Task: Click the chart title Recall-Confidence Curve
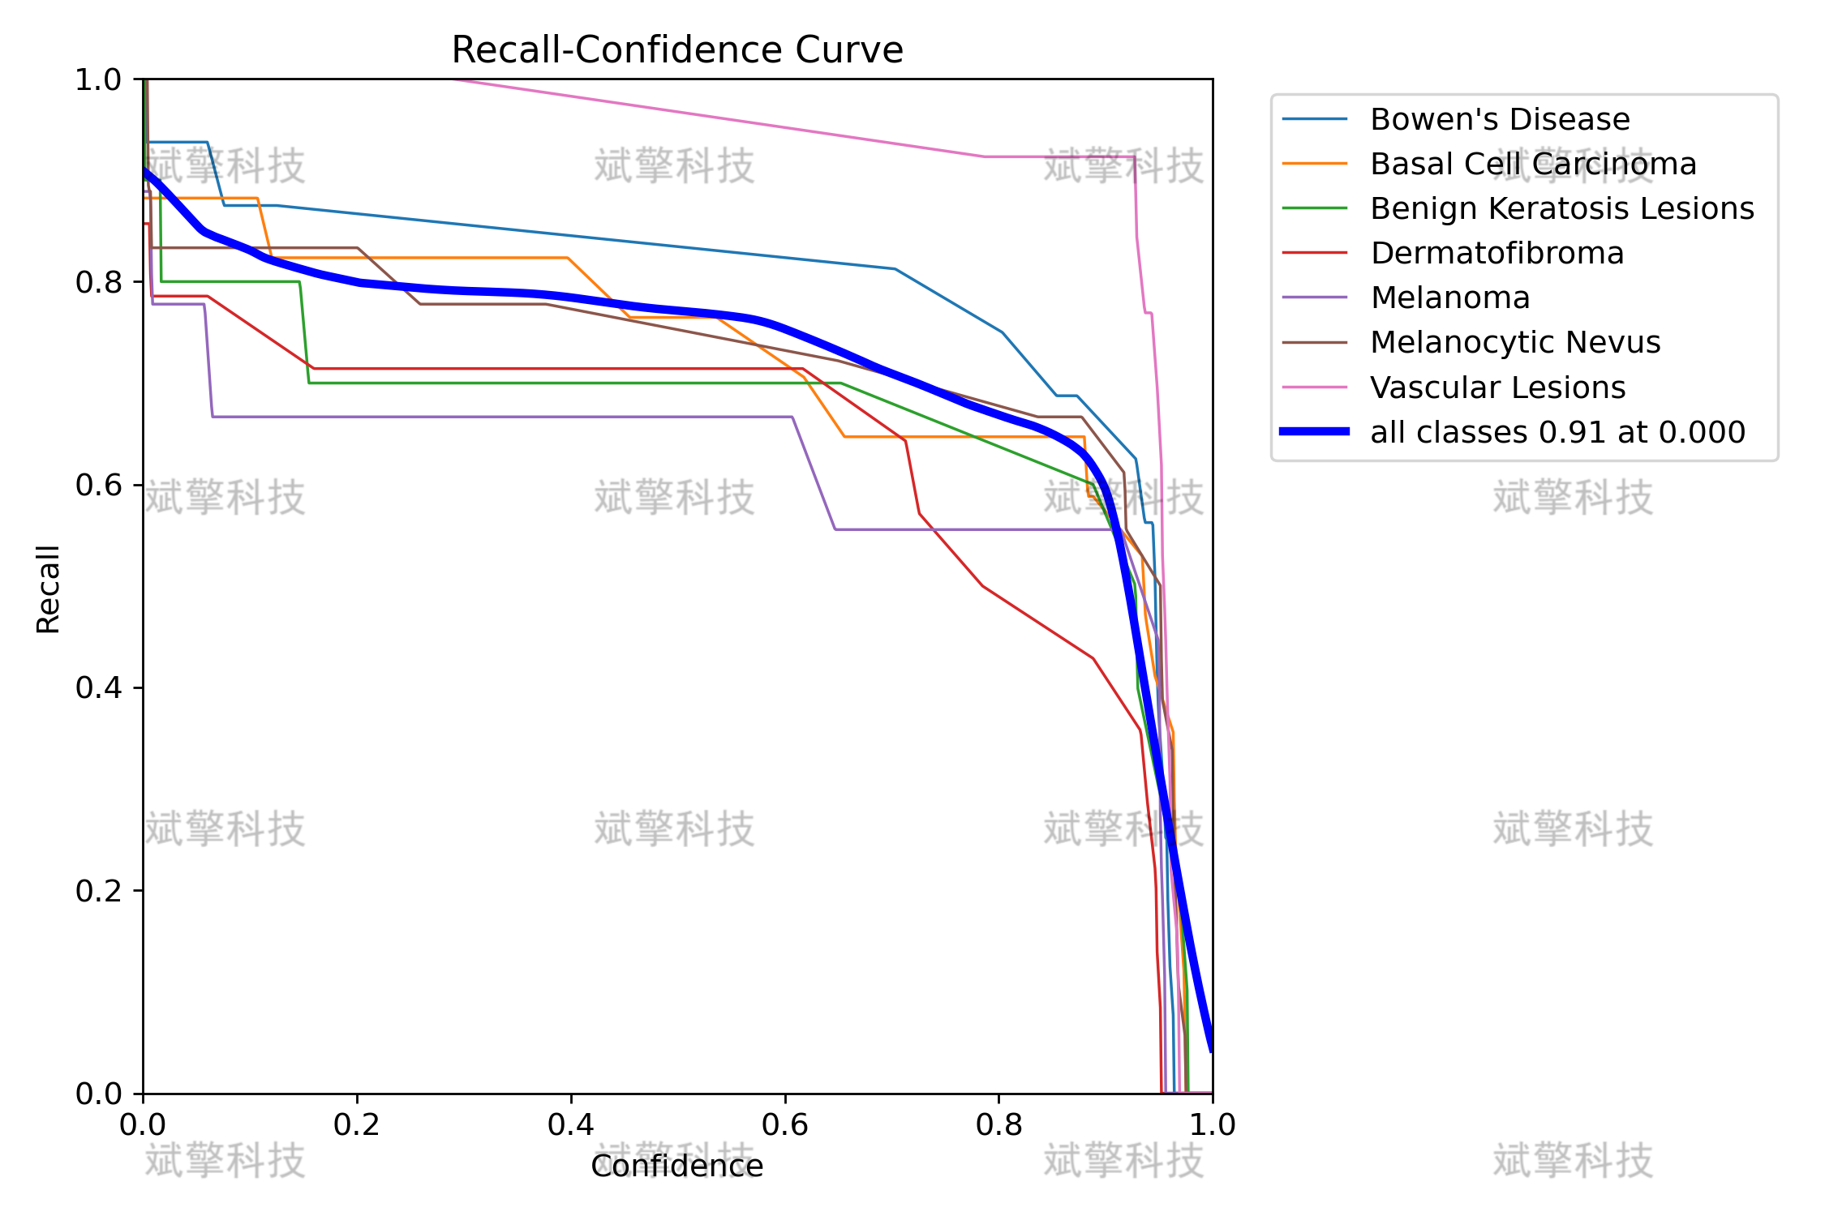coord(677,50)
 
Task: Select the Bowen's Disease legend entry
coord(1501,120)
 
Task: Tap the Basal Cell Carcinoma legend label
coord(1534,165)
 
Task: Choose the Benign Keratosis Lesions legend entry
coord(1562,209)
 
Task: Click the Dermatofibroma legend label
coord(1497,254)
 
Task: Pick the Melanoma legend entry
coord(1450,298)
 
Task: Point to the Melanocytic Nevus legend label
coord(1515,343)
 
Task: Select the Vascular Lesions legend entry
coord(1498,387)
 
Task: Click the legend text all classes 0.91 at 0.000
coord(1558,432)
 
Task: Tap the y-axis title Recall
coord(49,589)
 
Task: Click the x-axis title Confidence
coord(677,1167)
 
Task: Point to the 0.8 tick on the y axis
coord(97,282)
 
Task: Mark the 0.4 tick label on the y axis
coord(97,688)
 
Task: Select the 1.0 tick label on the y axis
coord(97,79)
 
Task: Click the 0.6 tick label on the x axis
coord(785,1125)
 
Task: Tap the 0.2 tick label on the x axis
coord(357,1125)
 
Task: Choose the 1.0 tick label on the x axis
coord(1213,1125)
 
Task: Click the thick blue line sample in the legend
coord(1315,432)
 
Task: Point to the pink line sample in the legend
coord(1315,387)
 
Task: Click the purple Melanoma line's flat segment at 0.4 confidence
coord(571,417)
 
